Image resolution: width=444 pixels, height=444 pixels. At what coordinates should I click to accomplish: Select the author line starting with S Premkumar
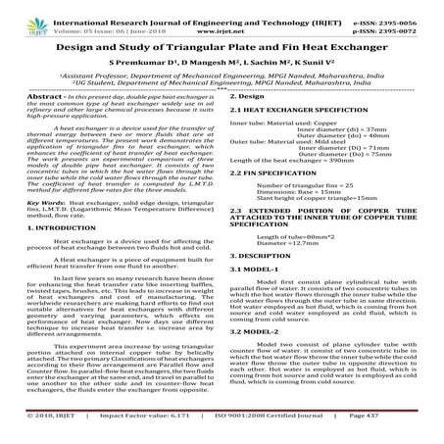222,62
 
